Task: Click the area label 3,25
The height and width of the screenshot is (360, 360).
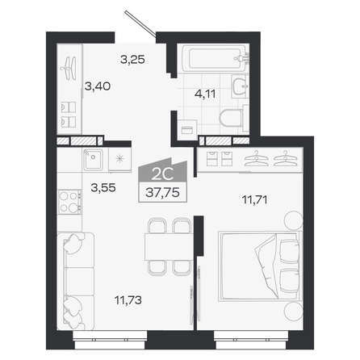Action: [x=132, y=60]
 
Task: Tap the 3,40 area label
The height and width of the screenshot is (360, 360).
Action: [x=98, y=86]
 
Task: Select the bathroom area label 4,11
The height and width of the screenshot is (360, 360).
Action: [x=205, y=94]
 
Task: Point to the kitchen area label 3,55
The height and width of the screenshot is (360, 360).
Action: [x=103, y=187]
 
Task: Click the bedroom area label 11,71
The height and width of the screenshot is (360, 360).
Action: [x=254, y=200]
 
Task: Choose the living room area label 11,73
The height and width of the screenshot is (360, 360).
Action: [x=128, y=299]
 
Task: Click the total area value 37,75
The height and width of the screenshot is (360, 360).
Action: [x=162, y=193]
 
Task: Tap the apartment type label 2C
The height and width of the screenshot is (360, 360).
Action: [x=162, y=176]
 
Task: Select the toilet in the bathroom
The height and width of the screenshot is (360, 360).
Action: [x=232, y=118]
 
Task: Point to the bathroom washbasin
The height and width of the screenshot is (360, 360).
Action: [x=239, y=86]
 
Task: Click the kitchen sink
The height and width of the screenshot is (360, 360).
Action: [x=93, y=160]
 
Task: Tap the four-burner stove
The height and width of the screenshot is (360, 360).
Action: [x=69, y=202]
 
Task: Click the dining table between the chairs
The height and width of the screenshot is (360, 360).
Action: [x=169, y=247]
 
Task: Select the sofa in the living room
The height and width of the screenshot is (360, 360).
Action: [x=76, y=281]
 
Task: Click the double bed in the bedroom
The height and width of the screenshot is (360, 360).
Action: [x=260, y=266]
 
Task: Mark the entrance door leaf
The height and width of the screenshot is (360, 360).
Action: [x=140, y=23]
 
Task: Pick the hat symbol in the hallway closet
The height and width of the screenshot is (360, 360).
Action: [x=69, y=68]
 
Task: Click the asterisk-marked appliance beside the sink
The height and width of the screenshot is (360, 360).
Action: [x=119, y=159]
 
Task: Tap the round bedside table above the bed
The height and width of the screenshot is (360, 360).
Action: [x=293, y=220]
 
